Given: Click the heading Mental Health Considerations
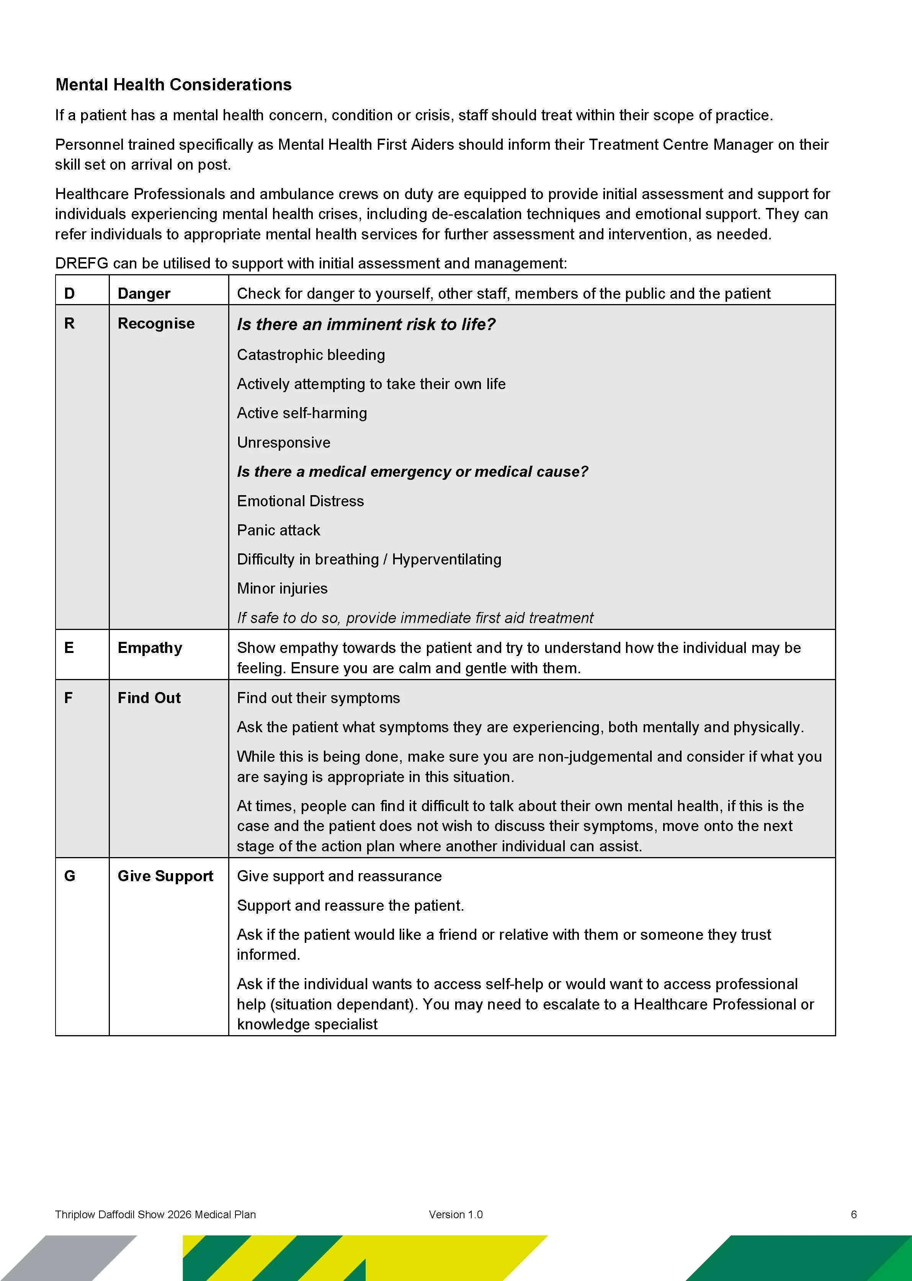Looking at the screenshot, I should point(173,85).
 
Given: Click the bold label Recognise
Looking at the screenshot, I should point(156,324).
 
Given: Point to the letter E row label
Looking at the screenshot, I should point(69,648).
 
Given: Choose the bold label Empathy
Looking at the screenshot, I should point(150,648).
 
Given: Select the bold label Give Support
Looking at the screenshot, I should point(165,876).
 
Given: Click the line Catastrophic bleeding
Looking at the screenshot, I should point(311,355).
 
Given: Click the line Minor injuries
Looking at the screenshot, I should point(282,589).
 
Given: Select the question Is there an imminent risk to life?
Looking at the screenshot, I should point(366,325).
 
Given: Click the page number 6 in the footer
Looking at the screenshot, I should point(853,1214).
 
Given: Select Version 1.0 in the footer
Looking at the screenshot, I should point(456,1214).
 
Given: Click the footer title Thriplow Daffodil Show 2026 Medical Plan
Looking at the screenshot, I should point(155,1214).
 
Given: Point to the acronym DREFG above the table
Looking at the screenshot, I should point(82,263).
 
